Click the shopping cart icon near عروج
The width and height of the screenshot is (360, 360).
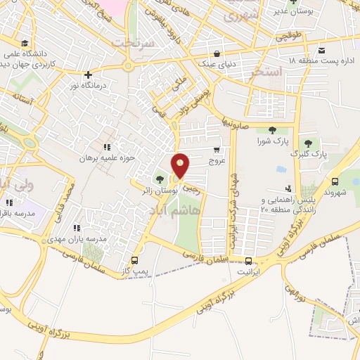coord(217,149)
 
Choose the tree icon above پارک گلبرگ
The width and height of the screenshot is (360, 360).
coord(308,143)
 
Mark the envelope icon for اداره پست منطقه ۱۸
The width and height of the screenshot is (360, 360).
coord(321,50)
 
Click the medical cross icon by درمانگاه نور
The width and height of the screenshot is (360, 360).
coord(88,75)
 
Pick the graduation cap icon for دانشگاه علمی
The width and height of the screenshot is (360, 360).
coord(26,44)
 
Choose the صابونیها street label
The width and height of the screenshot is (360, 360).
coord(233,120)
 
